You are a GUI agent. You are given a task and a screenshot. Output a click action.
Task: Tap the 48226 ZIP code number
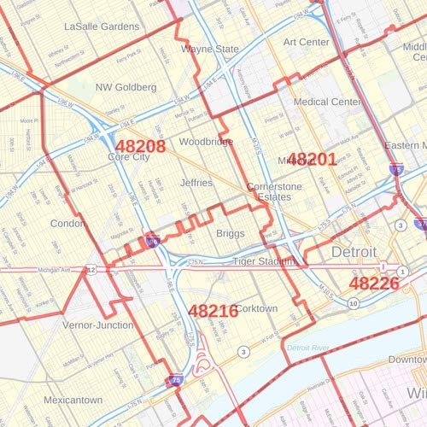(374, 283)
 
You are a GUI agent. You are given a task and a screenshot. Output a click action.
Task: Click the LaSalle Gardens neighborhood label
(102, 26)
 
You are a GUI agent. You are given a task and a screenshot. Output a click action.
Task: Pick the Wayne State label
(210, 50)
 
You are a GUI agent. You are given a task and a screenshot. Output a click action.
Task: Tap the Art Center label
(307, 42)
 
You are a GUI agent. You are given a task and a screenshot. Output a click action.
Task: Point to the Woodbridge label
(206, 142)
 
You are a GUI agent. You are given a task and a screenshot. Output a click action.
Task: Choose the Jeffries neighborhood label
(196, 182)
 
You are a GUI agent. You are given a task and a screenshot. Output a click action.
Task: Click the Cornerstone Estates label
(269, 191)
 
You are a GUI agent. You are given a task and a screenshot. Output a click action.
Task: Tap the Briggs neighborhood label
(231, 233)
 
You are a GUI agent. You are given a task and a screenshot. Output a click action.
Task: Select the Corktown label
(256, 308)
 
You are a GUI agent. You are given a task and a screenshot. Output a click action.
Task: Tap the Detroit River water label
(308, 348)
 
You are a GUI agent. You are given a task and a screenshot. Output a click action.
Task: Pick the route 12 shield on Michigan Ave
(91, 270)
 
